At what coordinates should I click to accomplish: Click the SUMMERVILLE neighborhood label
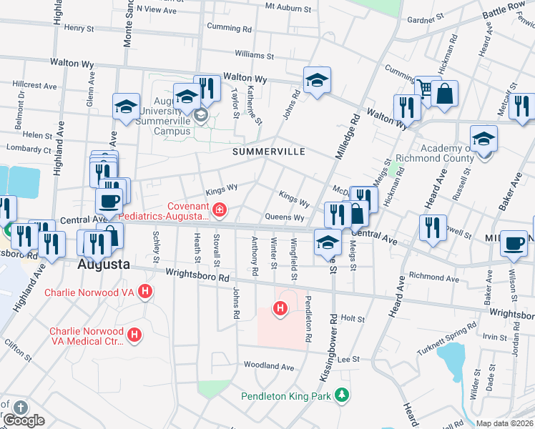[268, 152]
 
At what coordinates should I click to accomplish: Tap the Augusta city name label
[104, 264]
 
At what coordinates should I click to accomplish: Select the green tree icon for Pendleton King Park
[343, 395]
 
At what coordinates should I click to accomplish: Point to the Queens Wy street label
[285, 217]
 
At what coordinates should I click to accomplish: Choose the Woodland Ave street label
[269, 366]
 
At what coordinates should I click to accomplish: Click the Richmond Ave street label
[438, 275]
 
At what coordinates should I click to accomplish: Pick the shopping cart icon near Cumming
[426, 88]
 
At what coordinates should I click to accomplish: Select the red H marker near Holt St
[280, 309]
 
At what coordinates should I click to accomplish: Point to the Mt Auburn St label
[288, 7]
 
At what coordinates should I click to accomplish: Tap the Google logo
[24, 420]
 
